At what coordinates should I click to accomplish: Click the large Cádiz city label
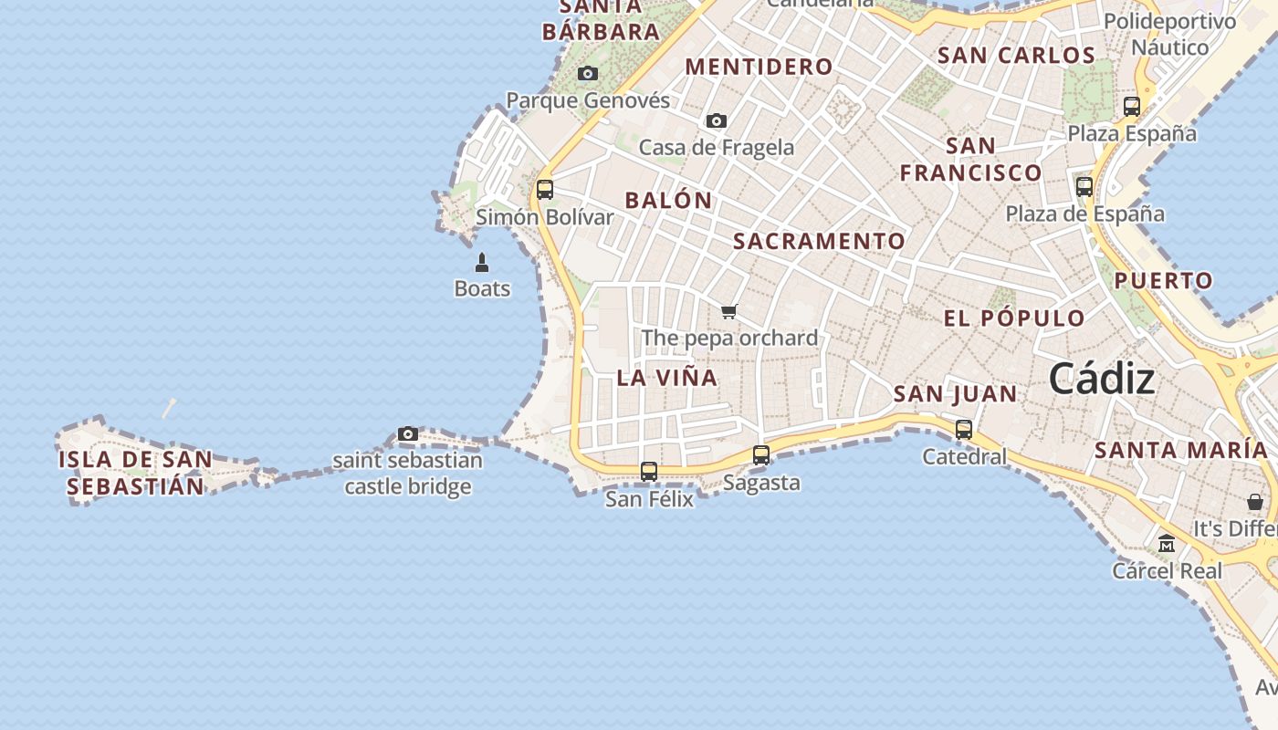[x=1102, y=378]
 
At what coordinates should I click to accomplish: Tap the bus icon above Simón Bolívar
[x=545, y=190]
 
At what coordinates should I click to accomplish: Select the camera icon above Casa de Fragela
[x=717, y=120]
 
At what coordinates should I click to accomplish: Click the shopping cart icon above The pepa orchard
[x=728, y=312]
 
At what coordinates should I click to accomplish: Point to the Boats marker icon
[x=482, y=264]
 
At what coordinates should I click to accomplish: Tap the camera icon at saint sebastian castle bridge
[x=408, y=433]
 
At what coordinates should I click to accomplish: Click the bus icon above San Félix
[x=649, y=472]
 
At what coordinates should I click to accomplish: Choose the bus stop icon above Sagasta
[x=761, y=455]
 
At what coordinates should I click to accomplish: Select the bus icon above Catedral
[x=964, y=430]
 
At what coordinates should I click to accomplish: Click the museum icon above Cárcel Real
[x=1167, y=544]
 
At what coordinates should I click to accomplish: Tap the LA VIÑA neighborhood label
[x=667, y=378]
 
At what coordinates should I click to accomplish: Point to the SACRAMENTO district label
[x=819, y=241]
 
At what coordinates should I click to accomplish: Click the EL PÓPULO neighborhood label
[x=1014, y=318]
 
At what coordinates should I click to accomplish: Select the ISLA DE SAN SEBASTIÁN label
[x=135, y=473]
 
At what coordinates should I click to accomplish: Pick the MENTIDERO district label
[x=759, y=67]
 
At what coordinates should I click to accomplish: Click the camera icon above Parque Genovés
[x=588, y=73]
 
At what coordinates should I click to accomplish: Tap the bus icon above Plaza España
[x=1132, y=107]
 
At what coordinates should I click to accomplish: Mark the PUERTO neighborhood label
[x=1163, y=281]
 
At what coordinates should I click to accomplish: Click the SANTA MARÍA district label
[x=1181, y=450]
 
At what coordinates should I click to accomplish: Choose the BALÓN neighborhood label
[x=668, y=201]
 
